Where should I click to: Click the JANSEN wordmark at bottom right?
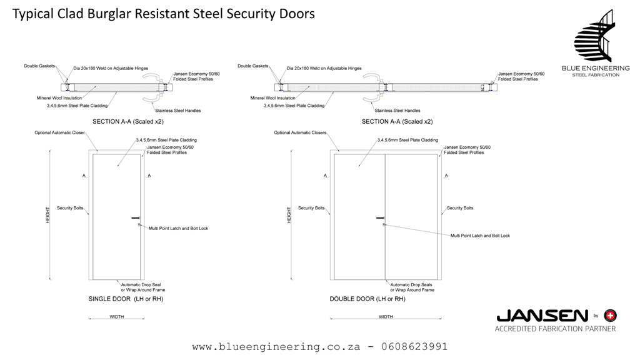click(542, 316)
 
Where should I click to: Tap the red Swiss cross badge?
click(611, 315)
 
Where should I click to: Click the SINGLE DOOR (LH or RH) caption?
click(126, 299)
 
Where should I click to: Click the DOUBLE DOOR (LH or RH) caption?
click(367, 299)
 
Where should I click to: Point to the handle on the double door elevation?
click(380, 218)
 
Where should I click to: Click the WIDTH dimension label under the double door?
click(386, 317)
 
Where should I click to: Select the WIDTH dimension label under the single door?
click(117, 317)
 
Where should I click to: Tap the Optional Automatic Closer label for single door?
click(59, 133)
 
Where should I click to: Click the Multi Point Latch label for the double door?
click(480, 236)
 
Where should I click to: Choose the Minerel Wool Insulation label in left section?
click(59, 98)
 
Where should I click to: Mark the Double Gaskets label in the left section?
click(39, 66)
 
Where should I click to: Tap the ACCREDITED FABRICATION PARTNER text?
click(555, 329)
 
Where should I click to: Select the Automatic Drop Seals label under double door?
click(412, 287)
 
